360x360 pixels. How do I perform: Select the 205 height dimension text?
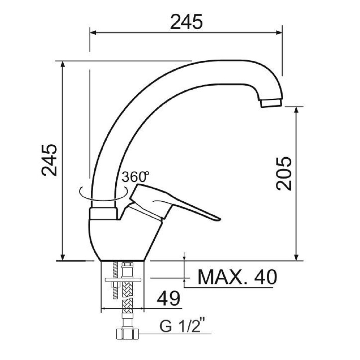[284, 174]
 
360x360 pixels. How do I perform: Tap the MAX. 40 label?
[237, 277]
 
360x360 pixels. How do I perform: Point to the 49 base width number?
[168, 298]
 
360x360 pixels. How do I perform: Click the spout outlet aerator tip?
[271, 103]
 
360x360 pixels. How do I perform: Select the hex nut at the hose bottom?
[127, 334]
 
